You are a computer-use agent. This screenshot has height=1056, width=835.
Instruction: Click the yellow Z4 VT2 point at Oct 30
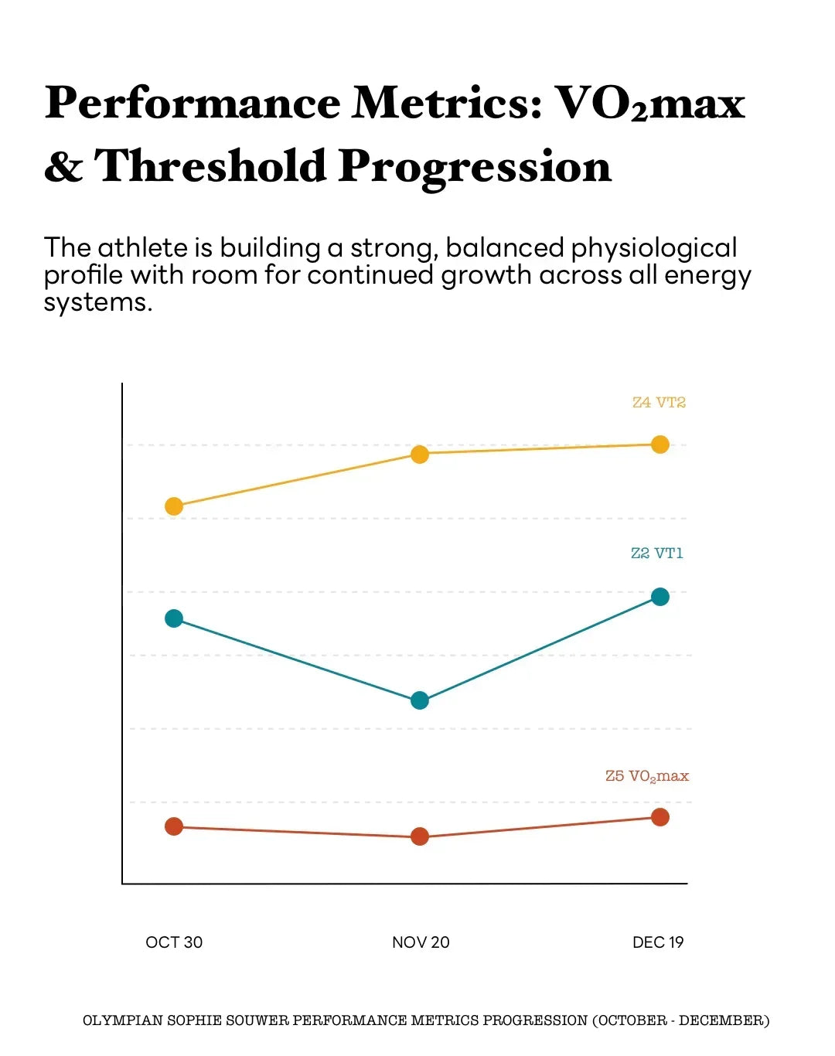[174, 506]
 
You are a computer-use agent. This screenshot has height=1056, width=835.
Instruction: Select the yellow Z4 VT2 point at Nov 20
[419, 454]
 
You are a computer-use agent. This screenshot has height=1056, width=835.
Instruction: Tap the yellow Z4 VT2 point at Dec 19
[659, 445]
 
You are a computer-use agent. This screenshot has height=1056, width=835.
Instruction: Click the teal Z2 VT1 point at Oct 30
[174, 618]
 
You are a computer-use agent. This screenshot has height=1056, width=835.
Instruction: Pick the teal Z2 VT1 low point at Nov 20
[419, 700]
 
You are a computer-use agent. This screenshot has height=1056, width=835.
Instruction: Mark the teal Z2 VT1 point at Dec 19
[659, 597]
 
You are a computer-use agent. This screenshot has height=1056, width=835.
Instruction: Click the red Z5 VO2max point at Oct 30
[174, 826]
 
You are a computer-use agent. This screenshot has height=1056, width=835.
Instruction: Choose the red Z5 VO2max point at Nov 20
[419, 836]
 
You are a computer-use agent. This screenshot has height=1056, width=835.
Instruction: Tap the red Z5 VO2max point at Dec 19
[659, 817]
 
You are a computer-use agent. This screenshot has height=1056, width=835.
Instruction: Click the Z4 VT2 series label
[659, 402]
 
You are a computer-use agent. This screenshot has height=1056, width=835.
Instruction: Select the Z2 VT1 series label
[656, 553]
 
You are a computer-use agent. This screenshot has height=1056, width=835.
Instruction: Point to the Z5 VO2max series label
[646, 776]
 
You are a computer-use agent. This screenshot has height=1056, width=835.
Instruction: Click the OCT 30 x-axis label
[174, 942]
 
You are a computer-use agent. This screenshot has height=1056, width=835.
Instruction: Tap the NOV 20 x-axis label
[421, 942]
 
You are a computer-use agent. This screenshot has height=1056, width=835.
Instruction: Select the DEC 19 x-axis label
[658, 942]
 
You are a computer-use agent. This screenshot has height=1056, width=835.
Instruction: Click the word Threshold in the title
[210, 166]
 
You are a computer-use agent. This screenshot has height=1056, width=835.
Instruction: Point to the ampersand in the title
[63, 166]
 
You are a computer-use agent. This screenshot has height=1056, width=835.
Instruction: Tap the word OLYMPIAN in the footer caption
[122, 1020]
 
